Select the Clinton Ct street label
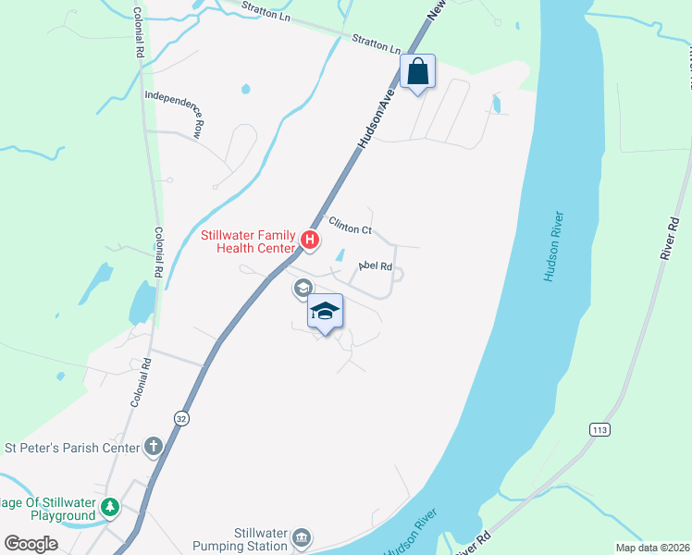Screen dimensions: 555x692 (x=349, y=225)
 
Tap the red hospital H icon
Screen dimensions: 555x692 (x=311, y=242)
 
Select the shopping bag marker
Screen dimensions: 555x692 (x=418, y=71)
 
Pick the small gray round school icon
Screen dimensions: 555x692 (x=302, y=290)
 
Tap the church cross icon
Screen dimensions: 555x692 (x=154, y=448)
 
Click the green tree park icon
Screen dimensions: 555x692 (x=110, y=507)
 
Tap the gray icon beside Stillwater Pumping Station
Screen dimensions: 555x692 (x=302, y=538)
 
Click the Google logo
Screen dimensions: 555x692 (x=31, y=544)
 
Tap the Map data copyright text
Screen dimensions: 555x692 (x=652, y=548)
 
